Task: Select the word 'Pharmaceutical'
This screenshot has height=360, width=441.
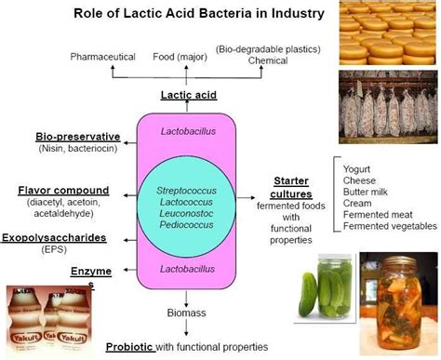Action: pos(104,58)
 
